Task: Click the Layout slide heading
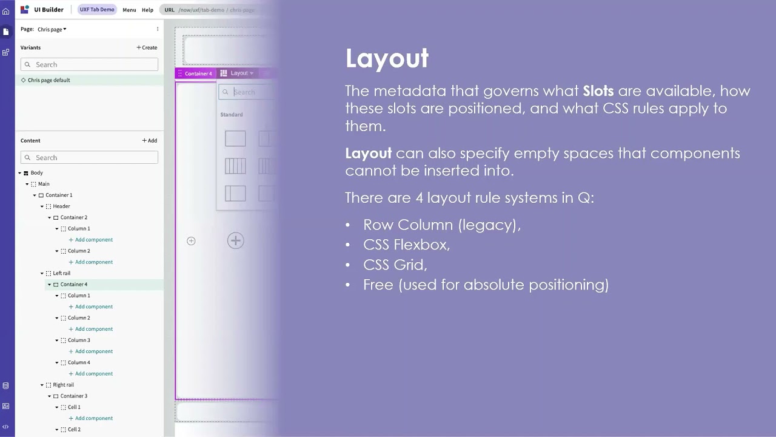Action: (x=387, y=58)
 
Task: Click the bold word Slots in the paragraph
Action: (x=598, y=91)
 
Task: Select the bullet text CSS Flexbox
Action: (x=406, y=245)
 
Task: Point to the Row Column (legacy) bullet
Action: (x=441, y=225)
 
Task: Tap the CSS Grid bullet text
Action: (x=395, y=265)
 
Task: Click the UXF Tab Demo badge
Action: (x=97, y=10)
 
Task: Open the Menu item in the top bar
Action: (x=129, y=10)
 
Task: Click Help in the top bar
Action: (x=147, y=10)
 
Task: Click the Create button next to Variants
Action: (x=147, y=47)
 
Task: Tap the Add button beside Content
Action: (x=150, y=140)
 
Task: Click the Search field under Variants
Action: (x=89, y=64)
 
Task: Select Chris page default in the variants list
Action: (x=48, y=80)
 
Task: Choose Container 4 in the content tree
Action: (x=73, y=284)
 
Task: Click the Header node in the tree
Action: (x=61, y=206)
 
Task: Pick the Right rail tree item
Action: (x=63, y=385)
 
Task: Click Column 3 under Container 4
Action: (x=79, y=340)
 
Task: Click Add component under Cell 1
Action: (x=93, y=418)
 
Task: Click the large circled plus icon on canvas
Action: (x=235, y=240)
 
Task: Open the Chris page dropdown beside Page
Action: (x=52, y=29)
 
